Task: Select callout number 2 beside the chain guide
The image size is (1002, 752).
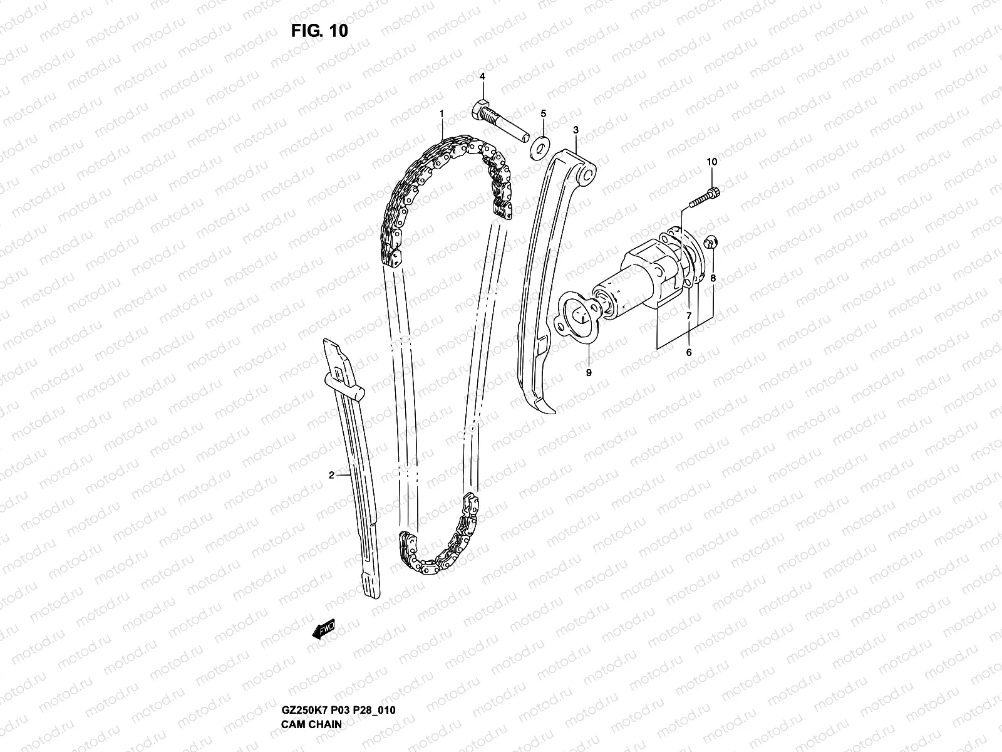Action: tap(331, 475)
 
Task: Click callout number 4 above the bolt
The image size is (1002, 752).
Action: tap(482, 76)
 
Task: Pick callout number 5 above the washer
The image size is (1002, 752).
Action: tap(544, 113)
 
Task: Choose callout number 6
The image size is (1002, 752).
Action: tap(689, 353)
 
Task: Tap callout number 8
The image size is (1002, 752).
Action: tap(713, 277)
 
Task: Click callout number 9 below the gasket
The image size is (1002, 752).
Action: tap(588, 372)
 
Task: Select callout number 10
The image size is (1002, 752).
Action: tap(711, 162)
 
